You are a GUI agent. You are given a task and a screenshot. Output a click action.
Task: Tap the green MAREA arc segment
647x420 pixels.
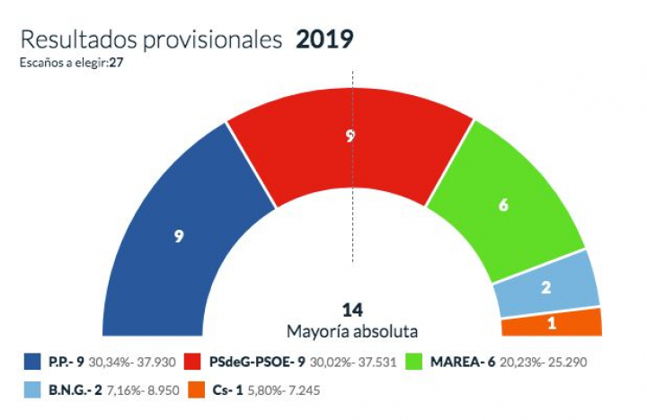[x=508, y=206]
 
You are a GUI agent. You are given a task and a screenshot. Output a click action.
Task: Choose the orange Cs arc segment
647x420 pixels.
[x=550, y=321]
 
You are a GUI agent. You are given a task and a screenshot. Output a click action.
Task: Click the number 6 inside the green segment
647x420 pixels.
[x=503, y=205]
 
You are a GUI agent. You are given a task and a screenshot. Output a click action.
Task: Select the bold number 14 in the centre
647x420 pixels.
[x=352, y=311]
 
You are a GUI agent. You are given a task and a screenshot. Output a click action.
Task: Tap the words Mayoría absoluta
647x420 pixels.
[x=352, y=330]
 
